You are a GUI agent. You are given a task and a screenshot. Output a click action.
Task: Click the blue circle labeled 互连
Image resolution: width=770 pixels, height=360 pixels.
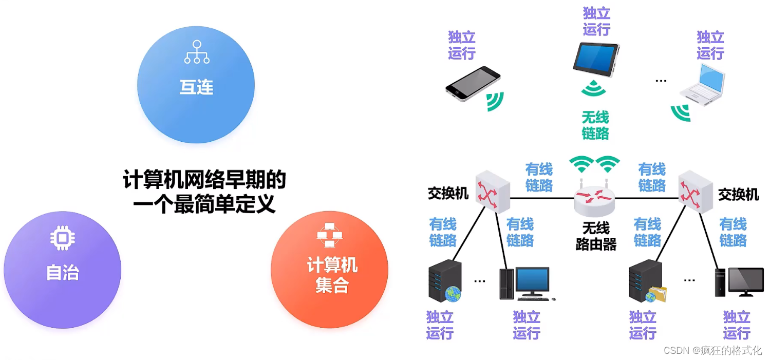[x=196, y=85]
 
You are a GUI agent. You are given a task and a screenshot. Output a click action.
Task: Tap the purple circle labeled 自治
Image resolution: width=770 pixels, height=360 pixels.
[x=62, y=270]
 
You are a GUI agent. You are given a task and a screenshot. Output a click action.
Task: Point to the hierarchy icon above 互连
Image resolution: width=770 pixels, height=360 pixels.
[x=197, y=52]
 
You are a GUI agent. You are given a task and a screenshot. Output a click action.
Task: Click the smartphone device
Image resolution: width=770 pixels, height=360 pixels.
[x=473, y=83]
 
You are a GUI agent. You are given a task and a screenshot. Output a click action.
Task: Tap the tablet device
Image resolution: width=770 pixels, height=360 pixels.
[x=596, y=59]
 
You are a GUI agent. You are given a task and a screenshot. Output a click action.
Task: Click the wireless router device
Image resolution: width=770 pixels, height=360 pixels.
[x=594, y=198]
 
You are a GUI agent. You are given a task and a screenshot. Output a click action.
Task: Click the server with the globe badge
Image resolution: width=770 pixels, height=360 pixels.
[x=445, y=281]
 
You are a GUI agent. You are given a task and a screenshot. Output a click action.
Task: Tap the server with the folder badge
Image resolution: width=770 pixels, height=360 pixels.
[x=646, y=281]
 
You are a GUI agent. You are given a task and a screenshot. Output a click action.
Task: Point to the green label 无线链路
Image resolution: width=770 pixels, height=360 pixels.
[x=595, y=125]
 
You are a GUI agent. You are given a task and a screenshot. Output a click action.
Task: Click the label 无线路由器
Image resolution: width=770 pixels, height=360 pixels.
[x=596, y=236]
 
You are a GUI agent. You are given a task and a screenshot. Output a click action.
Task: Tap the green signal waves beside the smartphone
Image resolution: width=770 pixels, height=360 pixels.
[x=495, y=101]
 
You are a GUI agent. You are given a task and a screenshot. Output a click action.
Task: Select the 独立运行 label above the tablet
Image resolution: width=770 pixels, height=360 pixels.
[x=596, y=21]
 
